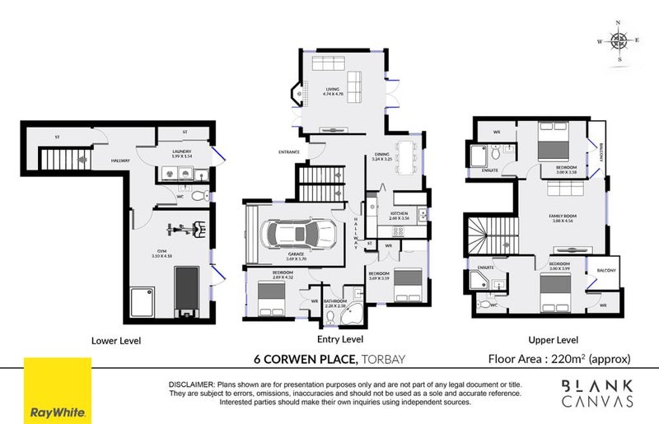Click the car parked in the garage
[x=297, y=235]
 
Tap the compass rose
[x=619, y=40]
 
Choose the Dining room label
[x=381, y=155]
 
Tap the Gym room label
[x=160, y=254]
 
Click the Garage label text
[x=297, y=255]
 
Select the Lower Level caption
[x=116, y=340]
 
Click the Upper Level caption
[x=554, y=340]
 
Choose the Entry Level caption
[x=339, y=340]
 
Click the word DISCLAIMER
[x=191, y=384]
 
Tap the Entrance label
[x=289, y=151]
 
